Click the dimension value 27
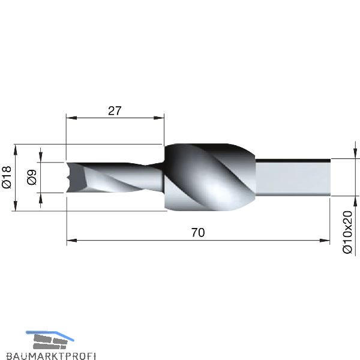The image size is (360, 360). pos(115,111)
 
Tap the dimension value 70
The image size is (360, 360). pos(198,232)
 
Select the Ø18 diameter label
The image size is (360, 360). pos(7,178)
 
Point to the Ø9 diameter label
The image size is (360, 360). pos(32,177)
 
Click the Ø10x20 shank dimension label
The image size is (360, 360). pos(347,232)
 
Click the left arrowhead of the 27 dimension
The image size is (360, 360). pos(71,118)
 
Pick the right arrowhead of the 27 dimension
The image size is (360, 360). pos(159,118)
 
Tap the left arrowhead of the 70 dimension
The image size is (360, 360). pos(72,241)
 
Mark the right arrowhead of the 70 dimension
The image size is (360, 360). pos(325,241)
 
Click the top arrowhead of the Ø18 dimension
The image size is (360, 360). pos(16,149)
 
